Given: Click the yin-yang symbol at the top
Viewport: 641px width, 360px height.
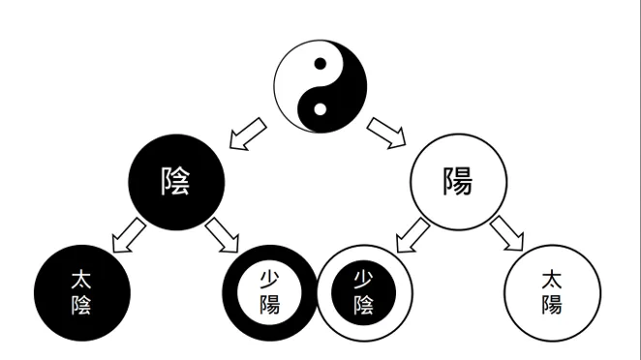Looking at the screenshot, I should (x=320, y=86).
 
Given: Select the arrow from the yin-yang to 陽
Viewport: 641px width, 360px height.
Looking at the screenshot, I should (x=388, y=135).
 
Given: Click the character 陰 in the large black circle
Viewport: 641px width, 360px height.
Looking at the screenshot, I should (x=176, y=181).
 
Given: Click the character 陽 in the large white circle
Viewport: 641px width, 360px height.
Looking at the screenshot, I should (x=458, y=181).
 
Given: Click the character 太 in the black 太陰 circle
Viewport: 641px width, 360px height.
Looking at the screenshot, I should (x=81, y=280).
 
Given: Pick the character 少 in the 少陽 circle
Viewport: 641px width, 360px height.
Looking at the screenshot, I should (x=270, y=280).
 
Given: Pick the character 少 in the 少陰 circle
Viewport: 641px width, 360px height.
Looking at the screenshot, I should (x=365, y=280).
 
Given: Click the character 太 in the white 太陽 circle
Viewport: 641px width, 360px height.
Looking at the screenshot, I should (x=552, y=280).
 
